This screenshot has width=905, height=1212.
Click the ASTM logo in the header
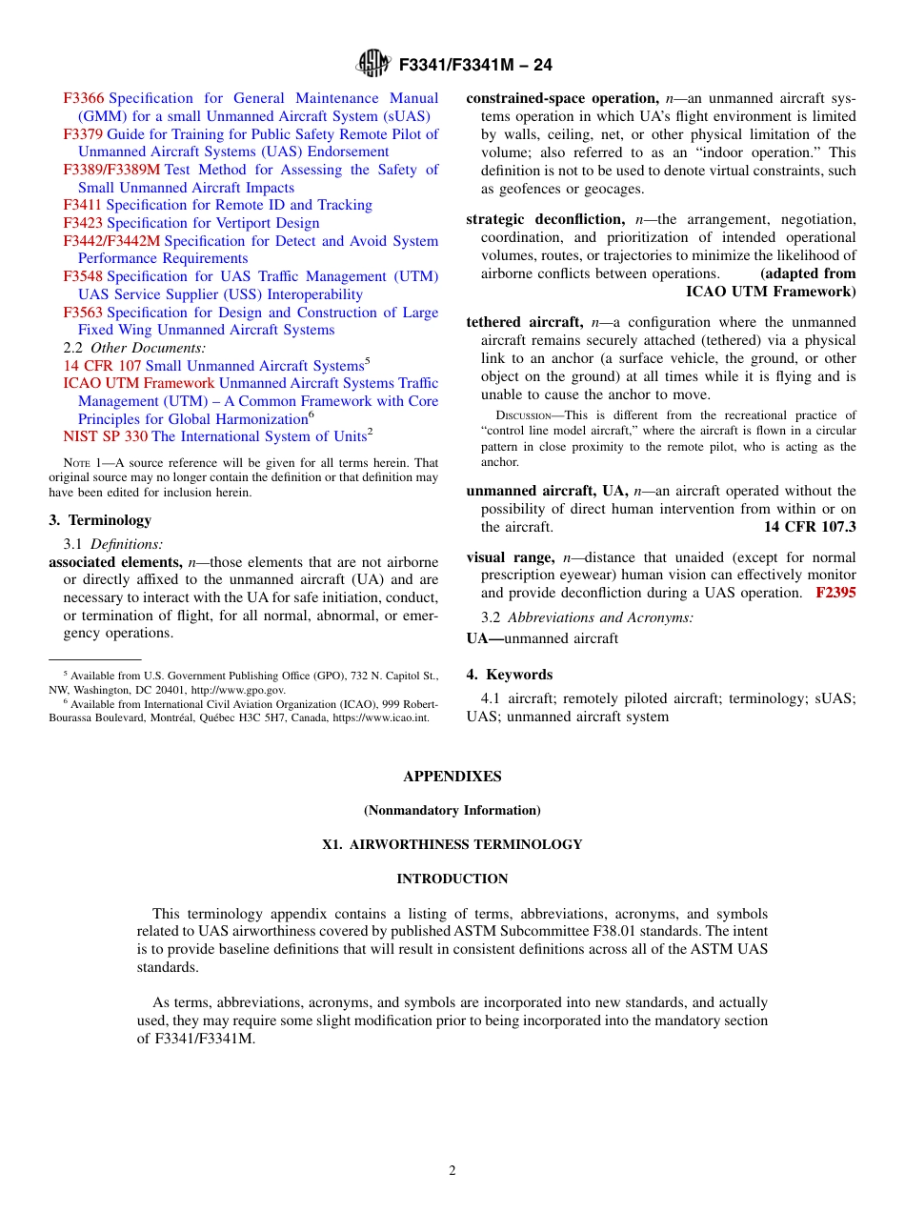(372, 64)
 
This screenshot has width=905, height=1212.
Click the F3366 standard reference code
(84, 98)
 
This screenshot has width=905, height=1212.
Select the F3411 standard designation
(84, 205)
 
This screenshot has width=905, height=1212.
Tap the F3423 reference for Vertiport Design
(84, 223)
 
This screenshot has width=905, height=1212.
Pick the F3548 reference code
(84, 276)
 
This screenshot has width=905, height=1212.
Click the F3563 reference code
(84, 313)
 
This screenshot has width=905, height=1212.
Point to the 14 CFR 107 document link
(102, 366)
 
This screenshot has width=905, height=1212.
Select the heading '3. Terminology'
(100, 520)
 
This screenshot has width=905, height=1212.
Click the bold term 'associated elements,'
(115, 562)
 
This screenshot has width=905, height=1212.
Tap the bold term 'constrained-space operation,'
(562, 98)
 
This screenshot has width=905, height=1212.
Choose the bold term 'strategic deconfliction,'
(545, 219)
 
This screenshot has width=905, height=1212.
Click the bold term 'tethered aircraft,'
(524, 322)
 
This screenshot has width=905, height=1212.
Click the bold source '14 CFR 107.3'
(810, 527)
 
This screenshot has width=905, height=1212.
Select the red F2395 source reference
(835, 593)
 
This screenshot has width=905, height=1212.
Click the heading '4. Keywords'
(509, 675)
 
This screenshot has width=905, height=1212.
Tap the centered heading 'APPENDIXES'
(452, 777)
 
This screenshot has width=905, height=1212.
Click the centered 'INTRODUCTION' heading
(452, 879)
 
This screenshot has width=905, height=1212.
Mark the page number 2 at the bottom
(452, 1171)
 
